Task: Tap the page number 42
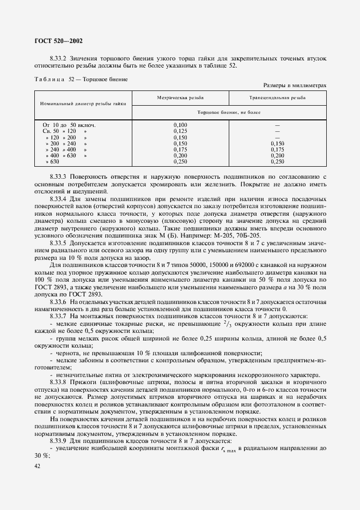click(x=37, y=466)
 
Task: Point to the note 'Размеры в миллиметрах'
click(x=294, y=86)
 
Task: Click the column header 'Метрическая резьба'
click(x=180, y=98)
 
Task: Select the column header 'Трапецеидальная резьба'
click(x=277, y=98)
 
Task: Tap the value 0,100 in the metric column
click(x=180, y=125)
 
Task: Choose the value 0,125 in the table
click(x=180, y=131)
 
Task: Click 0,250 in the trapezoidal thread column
click(x=277, y=162)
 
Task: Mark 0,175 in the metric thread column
click(x=180, y=149)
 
